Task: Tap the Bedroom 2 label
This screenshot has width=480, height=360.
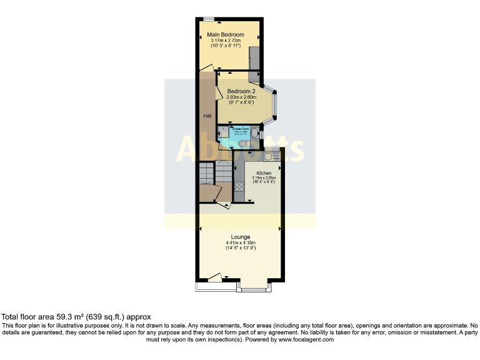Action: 241,91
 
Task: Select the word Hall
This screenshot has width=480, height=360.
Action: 206,116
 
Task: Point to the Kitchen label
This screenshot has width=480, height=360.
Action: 262,172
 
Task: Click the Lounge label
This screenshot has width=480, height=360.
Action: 240,237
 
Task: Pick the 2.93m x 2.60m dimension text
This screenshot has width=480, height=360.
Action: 241,97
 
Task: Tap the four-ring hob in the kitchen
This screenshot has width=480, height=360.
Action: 239,186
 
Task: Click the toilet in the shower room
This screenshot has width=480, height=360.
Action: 245,144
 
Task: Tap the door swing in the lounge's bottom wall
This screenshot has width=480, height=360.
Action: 215,277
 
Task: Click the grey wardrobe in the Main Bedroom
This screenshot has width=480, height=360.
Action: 255,62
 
